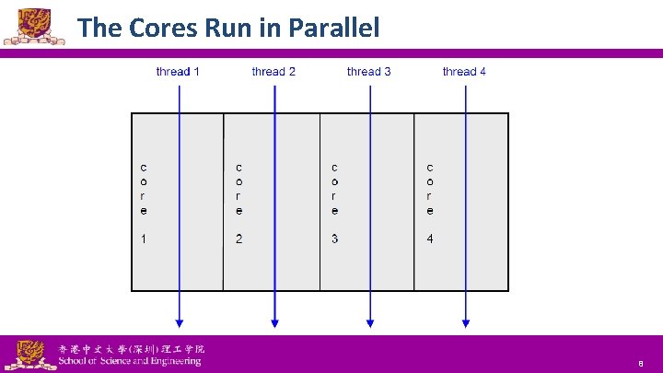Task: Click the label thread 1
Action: click(178, 72)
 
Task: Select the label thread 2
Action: click(273, 72)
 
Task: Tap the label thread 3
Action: click(368, 72)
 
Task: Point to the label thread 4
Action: click(464, 72)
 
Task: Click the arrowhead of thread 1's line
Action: click(180, 322)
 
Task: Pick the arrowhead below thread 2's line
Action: click(274, 322)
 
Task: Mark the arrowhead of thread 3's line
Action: click(370, 322)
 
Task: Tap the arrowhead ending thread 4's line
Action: click(466, 322)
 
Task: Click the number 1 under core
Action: click(144, 239)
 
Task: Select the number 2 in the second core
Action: click(239, 239)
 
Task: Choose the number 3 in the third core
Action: click(334, 239)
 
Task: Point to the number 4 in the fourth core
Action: click(430, 239)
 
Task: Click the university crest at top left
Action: click(26, 25)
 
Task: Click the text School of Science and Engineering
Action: click(129, 362)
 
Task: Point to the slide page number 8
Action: click(640, 365)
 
